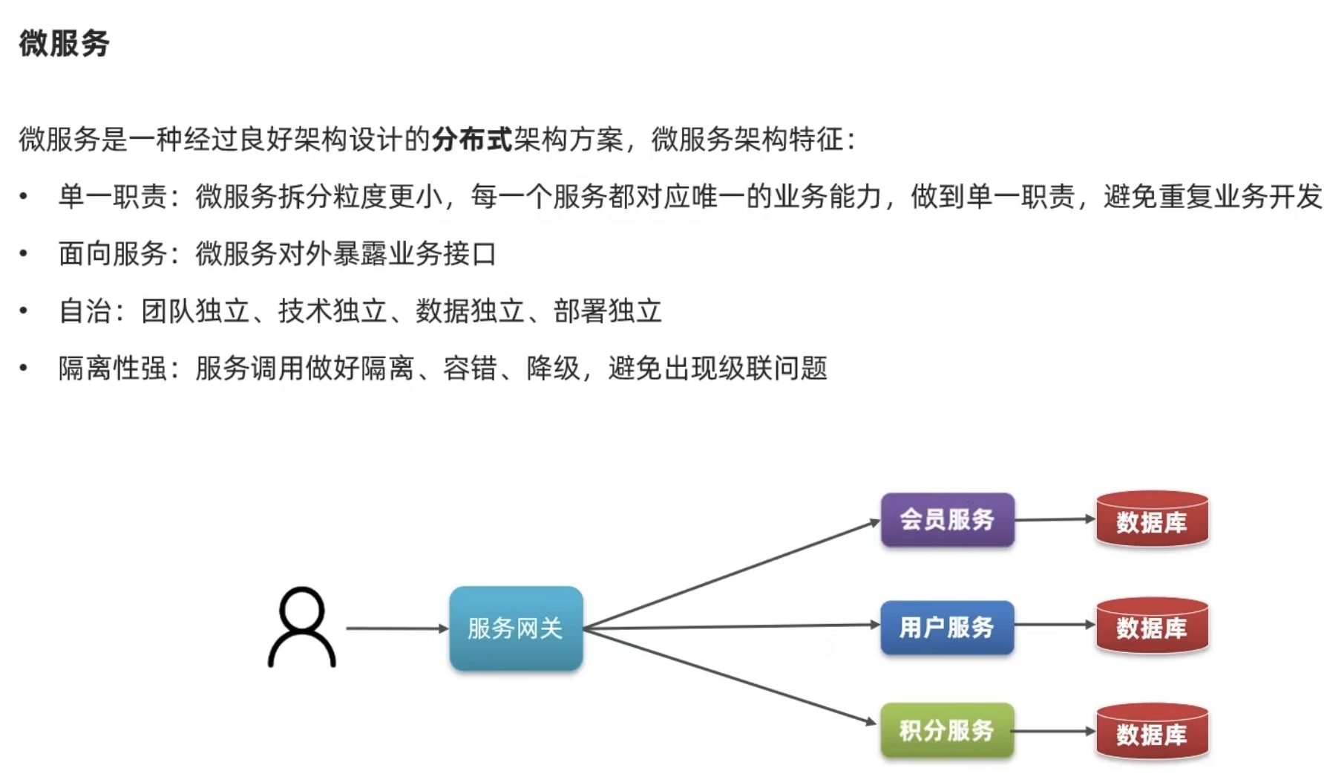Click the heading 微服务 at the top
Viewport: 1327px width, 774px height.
[65, 43]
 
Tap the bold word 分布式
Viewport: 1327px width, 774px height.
[472, 140]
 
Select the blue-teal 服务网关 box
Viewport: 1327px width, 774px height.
[516, 628]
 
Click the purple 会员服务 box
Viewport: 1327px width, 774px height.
[947, 520]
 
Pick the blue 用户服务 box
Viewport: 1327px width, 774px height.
[947, 628]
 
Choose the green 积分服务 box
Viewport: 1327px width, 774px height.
[947, 731]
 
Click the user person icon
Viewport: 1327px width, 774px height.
[302, 628]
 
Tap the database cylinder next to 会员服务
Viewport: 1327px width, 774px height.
[1152, 520]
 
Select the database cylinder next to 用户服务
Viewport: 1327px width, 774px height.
[1152, 627]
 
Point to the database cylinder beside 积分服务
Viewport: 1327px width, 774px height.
[1152, 733]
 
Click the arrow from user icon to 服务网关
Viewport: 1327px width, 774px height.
[397, 628]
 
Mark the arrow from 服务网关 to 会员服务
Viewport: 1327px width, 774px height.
[731, 574]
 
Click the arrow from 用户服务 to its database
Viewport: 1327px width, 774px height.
[1055, 625]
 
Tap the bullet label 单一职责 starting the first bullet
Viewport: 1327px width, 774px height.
[113, 197]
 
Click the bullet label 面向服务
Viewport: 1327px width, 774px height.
[113, 254]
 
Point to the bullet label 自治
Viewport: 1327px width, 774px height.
[85, 311]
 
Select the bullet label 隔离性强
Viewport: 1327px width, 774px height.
[113, 368]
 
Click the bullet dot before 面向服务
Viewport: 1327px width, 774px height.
[24, 254]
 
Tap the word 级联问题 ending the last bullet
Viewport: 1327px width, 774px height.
[773, 368]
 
